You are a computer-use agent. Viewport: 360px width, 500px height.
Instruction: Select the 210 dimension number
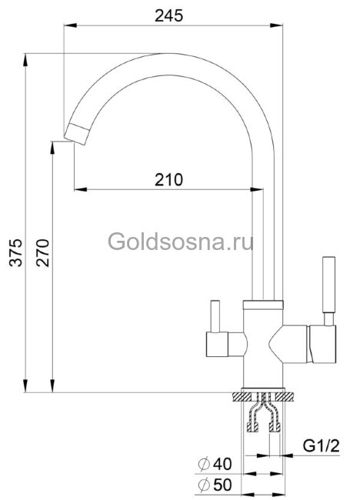click(168, 180)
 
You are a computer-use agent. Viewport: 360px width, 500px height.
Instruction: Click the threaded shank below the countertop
click(266, 420)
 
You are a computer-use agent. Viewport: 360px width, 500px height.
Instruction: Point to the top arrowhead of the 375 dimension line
click(25, 58)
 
